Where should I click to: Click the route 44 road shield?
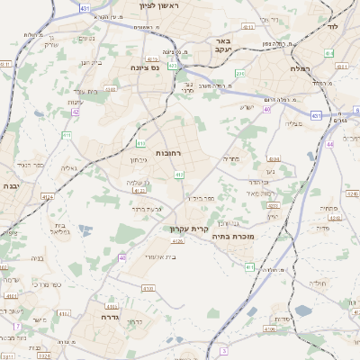[x=330, y=145]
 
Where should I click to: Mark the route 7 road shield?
[x=17, y=325]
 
